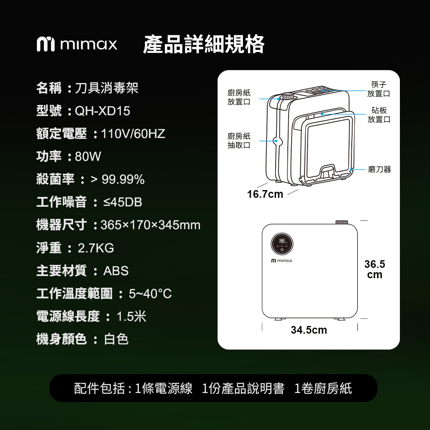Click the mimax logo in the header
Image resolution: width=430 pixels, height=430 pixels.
point(77,44)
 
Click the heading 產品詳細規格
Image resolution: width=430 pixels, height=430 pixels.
point(204,44)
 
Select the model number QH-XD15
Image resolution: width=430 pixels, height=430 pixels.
point(103,111)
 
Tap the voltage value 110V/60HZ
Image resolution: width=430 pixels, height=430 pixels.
point(133,134)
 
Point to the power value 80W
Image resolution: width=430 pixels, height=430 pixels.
point(88,157)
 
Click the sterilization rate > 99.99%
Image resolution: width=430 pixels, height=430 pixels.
point(118,180)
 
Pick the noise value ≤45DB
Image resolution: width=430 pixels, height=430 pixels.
point(123,203)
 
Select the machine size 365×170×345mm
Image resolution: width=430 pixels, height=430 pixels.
point(150,225)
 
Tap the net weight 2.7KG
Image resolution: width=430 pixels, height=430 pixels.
point(96,248)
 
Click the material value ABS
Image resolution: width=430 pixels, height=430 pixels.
point(116,271)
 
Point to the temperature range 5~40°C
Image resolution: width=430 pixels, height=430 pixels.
point(150,294)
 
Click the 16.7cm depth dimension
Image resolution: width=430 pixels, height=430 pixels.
point(265,194)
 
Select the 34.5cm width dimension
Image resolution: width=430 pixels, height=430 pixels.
point(309,330)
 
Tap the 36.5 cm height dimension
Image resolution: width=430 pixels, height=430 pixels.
point(375,269)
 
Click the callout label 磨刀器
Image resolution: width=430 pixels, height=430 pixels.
point(380,169)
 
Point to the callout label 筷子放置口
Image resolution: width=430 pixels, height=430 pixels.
point(379,89)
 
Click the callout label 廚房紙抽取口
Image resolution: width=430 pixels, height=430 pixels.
point(239,141)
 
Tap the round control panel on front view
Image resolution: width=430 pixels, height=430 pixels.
point(282,244)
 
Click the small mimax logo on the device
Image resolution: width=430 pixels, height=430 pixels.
point(282,261)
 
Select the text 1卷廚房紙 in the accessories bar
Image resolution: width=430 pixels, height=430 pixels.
point(323,388)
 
